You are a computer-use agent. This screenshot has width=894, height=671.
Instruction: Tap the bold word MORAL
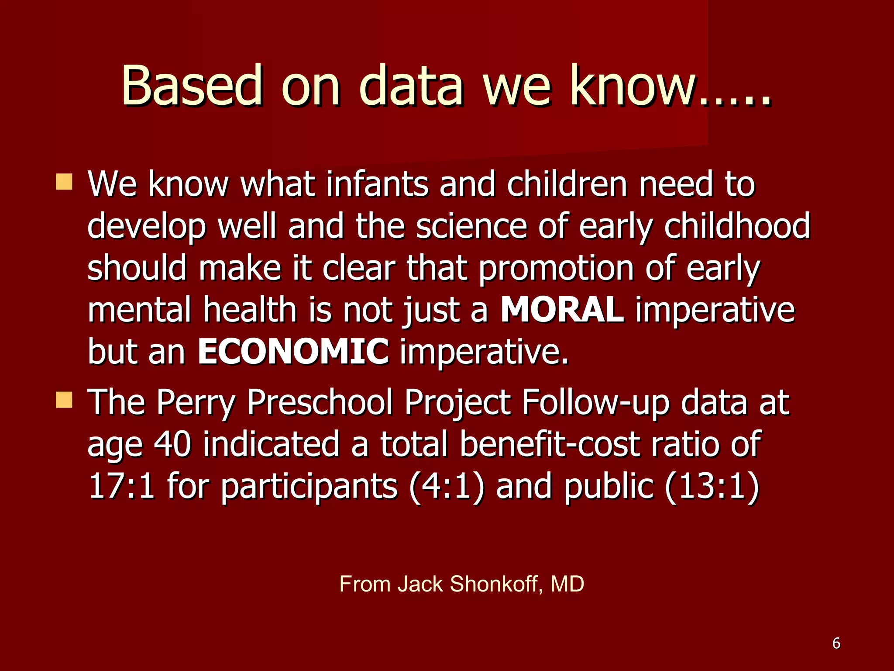562,310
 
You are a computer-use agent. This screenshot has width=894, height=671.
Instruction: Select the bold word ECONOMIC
293,351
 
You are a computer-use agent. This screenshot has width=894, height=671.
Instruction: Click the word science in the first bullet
471,226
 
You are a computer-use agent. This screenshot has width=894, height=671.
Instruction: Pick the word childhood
737,226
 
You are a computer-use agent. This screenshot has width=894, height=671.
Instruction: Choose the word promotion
556,268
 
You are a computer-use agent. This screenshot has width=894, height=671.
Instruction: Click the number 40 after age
172,444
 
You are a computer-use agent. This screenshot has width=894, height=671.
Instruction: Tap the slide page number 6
836,643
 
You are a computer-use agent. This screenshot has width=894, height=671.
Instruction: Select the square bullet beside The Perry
64,399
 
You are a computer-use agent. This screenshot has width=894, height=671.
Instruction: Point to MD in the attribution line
567,584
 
